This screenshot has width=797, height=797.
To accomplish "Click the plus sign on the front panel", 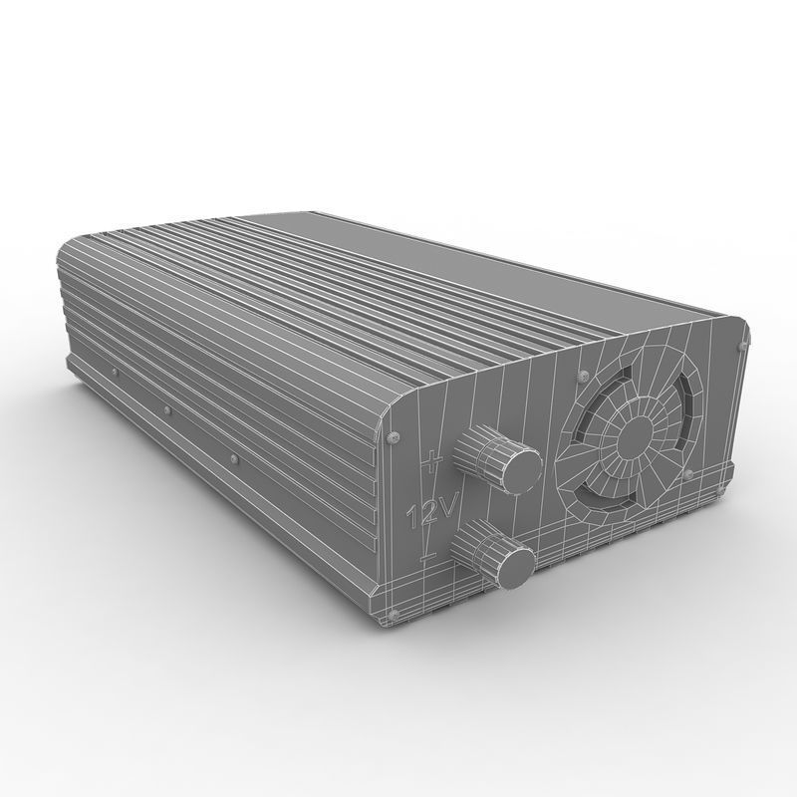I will pyautogui.click(x=430, y=462).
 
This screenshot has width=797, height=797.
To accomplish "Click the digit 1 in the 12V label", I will pyautogui.click(x=415, y=517).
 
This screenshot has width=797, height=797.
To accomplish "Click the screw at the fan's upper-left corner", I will pyautogui.click(x=579, y=378).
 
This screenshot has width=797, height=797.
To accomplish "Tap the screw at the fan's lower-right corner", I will pyautogui.click(x=687, y=470).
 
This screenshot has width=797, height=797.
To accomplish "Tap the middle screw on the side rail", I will pyautogui.click(x=166, y=408).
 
